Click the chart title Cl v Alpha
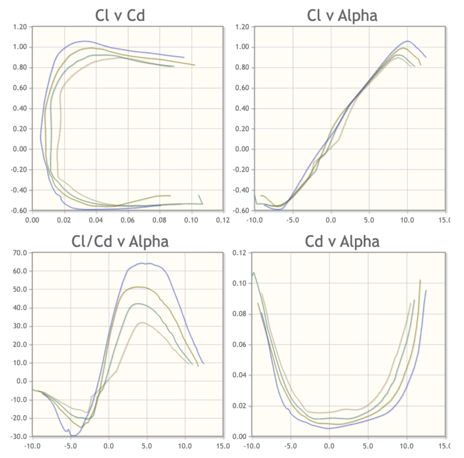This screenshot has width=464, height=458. tap(342, 15)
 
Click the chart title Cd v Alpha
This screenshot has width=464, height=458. tap(342, 241)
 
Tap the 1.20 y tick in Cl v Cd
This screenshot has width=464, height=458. tap(19, 27)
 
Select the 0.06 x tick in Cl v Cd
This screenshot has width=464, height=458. tap(127, 219)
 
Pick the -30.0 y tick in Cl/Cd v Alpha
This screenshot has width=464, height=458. tap(18, 436)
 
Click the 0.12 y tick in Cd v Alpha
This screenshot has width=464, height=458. tap(239, 253)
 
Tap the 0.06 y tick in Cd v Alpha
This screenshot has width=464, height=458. tap(239, 345)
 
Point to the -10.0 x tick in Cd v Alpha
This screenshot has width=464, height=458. tap(251, 445)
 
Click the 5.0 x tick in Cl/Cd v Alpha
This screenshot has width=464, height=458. tap(147, 445)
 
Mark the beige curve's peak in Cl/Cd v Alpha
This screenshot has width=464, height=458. tap(142, 323)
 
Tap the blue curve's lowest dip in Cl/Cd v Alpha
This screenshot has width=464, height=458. tap(73, 436)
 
